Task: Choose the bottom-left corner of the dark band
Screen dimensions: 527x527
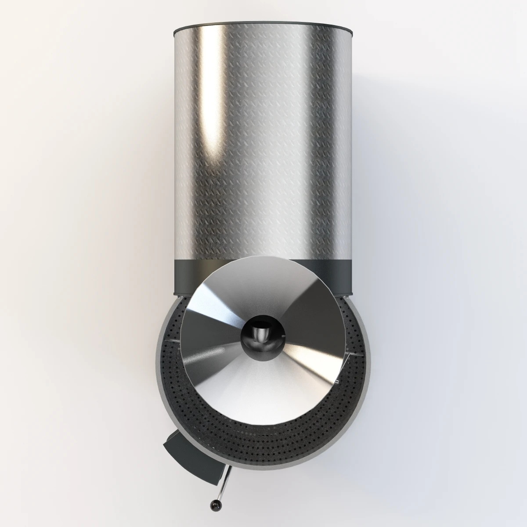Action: pos(176,293)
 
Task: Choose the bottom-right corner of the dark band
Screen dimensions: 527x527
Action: pos(351,293)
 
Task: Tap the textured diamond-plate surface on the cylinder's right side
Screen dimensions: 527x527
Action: pos(325,154)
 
